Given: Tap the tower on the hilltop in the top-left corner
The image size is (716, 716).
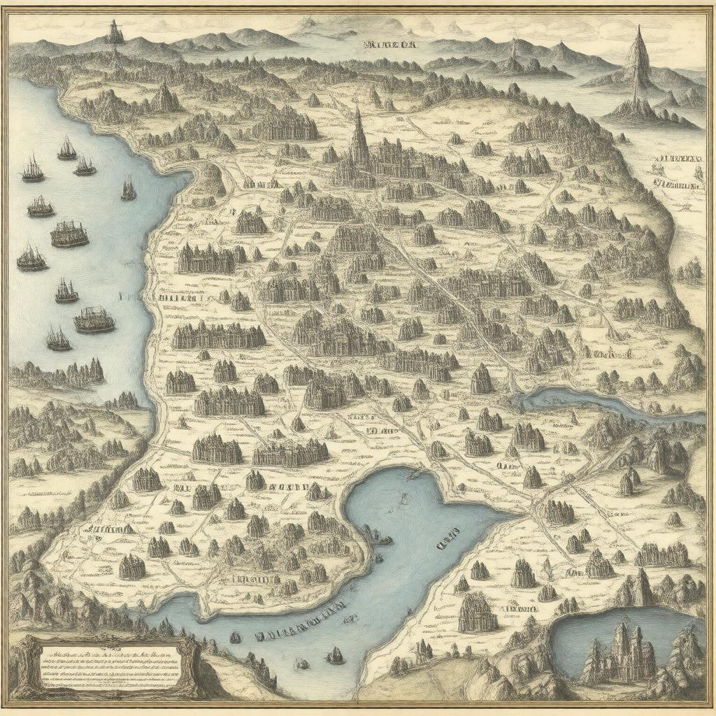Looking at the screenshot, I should (113, 32).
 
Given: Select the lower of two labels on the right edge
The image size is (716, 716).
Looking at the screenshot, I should (677, 185).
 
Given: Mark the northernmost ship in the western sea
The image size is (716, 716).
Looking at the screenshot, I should (67, 148).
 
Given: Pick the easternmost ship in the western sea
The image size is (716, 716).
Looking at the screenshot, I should (129, 189).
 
